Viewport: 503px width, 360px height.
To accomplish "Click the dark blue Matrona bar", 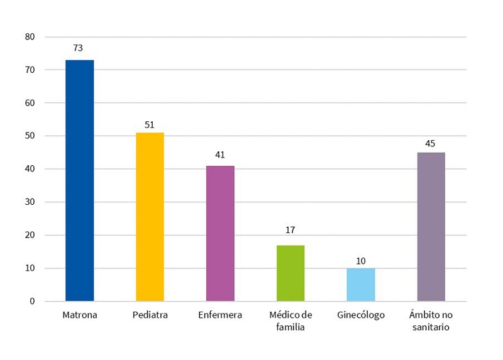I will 79,180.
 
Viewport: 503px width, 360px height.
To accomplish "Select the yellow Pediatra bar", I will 150,217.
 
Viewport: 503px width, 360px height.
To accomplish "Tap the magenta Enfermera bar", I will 220,233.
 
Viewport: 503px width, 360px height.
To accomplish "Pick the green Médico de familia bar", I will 290,273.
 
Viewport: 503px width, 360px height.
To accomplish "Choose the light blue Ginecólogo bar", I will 361,285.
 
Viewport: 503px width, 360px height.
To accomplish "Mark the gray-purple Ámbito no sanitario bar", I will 431,226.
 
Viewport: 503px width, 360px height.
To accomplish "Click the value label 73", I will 79,48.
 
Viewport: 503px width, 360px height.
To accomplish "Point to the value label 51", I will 150,124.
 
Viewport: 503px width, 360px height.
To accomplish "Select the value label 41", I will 220,155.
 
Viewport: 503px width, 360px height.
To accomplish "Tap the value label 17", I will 290,230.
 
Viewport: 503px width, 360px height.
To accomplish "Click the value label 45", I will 430,143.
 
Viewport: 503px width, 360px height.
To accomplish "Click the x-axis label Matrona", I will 80,315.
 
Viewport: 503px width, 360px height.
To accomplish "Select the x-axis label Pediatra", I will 150,315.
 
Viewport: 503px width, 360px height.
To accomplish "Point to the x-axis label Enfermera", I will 220,315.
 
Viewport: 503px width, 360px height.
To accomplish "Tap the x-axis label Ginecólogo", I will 360,315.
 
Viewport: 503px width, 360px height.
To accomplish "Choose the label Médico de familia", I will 290,320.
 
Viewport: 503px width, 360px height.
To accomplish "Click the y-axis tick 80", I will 30,36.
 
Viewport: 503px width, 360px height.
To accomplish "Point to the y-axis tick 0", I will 32,302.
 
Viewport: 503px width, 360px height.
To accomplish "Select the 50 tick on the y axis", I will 30,136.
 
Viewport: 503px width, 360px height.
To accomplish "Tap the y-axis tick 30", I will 30,202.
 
